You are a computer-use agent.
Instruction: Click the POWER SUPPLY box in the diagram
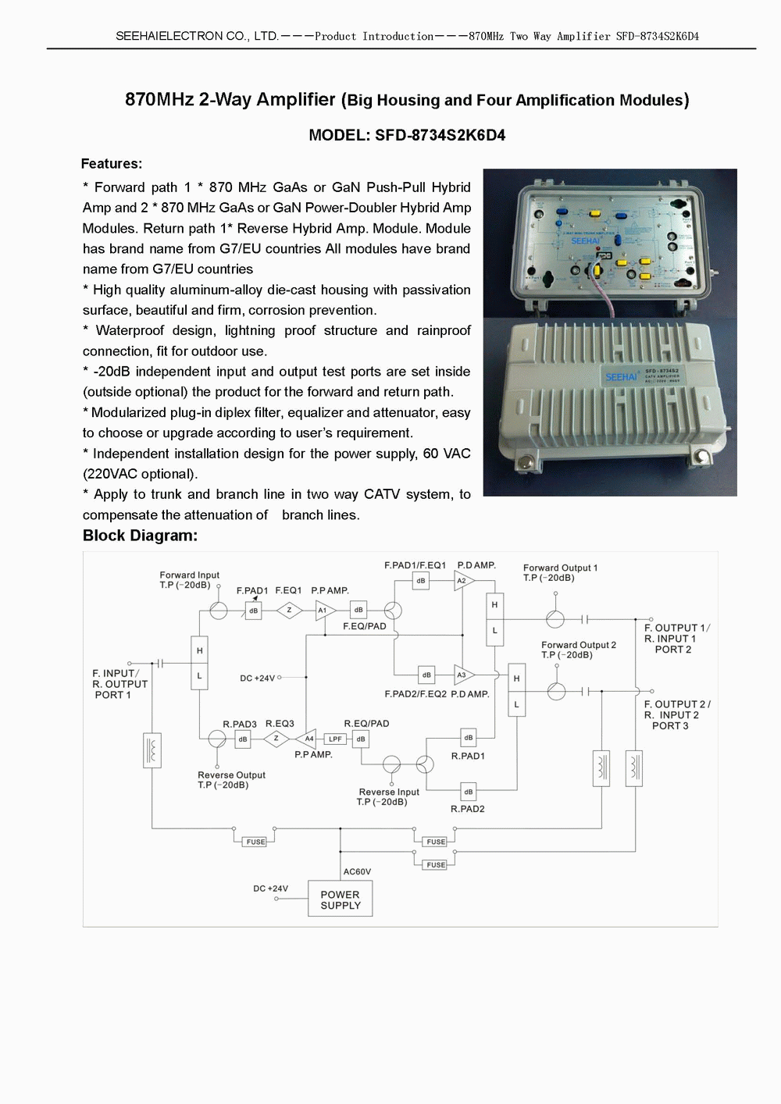[341, 899]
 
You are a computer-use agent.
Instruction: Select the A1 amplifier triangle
[323, 611]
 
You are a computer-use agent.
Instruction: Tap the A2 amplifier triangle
[463, 581]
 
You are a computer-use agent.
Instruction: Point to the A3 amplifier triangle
[463, 675]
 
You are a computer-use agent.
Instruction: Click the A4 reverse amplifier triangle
[308, 739]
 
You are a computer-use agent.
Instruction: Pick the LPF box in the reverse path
[335, 739]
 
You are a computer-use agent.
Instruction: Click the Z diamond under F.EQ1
[289, 611]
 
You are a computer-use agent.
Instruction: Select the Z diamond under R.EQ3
[276, 739]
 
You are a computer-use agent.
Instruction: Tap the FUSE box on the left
[255, 842]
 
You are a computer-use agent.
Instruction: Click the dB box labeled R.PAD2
[468, 792]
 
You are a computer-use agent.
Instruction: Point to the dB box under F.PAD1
[253, 611]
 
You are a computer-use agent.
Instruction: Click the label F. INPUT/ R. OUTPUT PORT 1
[119, 684]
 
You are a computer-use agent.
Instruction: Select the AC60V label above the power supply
[357, 871]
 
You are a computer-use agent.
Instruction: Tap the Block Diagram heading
[140, 536]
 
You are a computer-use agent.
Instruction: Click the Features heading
[112, 163]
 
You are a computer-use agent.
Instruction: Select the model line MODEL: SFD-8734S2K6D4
[407, 135]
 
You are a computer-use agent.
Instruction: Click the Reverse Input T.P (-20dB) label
[388, 796]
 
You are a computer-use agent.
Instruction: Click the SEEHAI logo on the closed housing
[621, 377]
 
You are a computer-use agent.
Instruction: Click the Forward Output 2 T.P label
[578, 650]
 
